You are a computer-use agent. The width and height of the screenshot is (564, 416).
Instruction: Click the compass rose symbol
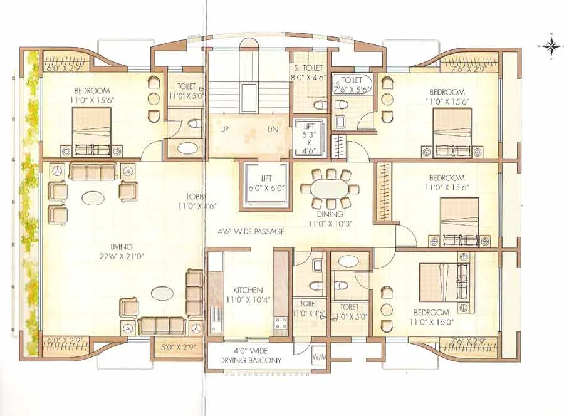[x=551, y=45]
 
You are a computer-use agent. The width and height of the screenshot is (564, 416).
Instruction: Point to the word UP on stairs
[x=224, y=130]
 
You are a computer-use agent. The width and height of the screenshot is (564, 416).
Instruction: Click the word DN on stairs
[x=272, y=130]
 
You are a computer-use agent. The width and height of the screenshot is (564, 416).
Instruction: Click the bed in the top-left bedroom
[x=91, y=131]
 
